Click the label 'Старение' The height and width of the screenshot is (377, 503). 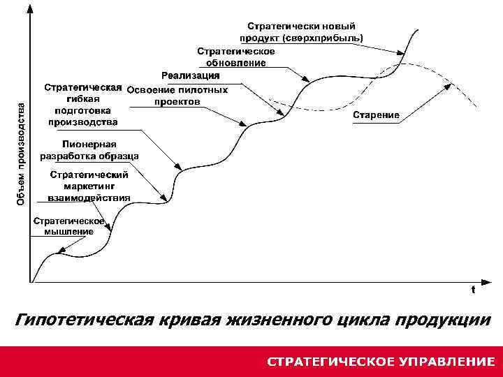[x=376, y=114]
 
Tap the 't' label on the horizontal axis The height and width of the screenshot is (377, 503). [x=473, y=288]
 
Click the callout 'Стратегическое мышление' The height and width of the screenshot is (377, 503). [x=69, y=226]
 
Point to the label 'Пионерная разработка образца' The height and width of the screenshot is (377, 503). [x=89, y=150]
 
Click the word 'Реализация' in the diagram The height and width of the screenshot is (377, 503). [x=190, y=75]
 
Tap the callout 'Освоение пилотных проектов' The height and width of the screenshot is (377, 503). [x=177, y=96]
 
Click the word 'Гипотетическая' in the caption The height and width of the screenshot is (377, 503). [x=84, y=320]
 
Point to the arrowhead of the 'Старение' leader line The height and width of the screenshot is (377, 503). [x=448, y=84]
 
